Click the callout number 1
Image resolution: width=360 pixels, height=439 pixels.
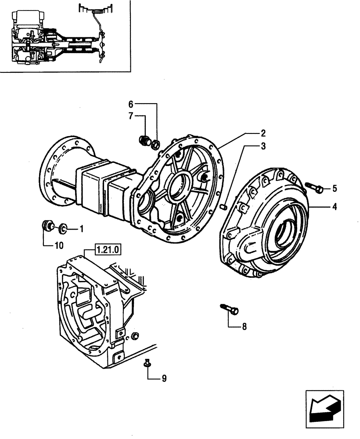(x=81, y=228)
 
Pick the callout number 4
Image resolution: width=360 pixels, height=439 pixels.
(x=335, y=206)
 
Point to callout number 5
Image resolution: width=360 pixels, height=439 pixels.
(x=335, y=189)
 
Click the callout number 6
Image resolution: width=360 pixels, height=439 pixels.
(x=130, y=104)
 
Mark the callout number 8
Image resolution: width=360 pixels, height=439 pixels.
(x=244, y=326)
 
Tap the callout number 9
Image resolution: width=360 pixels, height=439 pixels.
(x=164, y=378)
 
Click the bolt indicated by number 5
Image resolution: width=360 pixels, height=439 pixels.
(x=316, y=188)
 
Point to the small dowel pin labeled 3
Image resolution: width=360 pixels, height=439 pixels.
(x=224, y=204)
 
